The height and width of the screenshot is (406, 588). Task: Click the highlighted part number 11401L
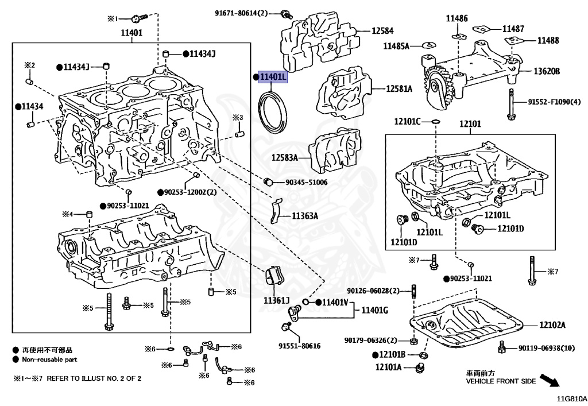pos(273,77)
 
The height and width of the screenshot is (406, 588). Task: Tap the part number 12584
pos(382,31)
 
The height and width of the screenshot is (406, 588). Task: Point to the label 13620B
pos(547,71)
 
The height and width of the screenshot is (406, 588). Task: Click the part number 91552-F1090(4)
pos(554,102)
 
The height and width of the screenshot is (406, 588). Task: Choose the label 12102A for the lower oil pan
pos(552,324)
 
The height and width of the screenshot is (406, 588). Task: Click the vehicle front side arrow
pos(550,380)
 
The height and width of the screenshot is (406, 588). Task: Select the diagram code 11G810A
pos(572,399)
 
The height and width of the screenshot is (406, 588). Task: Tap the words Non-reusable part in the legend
pos(49,359)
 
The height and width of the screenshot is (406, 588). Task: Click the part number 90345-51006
pos(307,183)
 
